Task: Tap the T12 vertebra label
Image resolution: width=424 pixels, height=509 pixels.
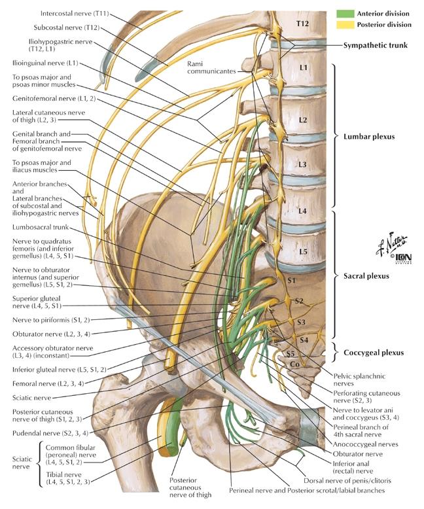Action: click(302, 24)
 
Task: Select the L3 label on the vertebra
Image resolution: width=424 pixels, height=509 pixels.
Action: click(303, 165)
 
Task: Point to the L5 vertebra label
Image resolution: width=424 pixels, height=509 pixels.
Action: click(303, 251)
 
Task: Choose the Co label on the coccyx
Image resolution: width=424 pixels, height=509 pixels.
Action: click(295, 364)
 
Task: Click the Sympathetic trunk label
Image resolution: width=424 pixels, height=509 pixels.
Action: click(380, 46)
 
